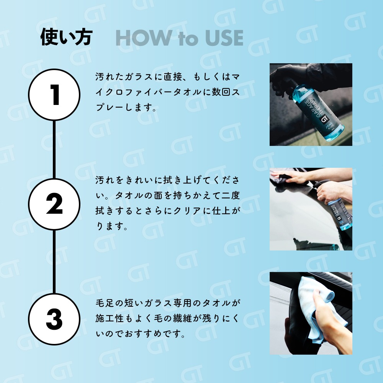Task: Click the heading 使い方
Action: pyautogui.click(x=66, y=37)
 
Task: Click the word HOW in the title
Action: pyautogui.click(x=144, y=38)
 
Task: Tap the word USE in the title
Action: pyautogui.click(x=224, y=38)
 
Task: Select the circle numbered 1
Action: pyautogui.click(x=54, y=95)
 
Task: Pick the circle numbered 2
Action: pyautogui.click(x=54, y=204)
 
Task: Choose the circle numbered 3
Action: pyautogui.click(x=54, y=319)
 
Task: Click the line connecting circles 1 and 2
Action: pyautogui.click(x=54, y=149)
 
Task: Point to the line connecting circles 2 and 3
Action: pyautogui.click(x=54, y=262)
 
